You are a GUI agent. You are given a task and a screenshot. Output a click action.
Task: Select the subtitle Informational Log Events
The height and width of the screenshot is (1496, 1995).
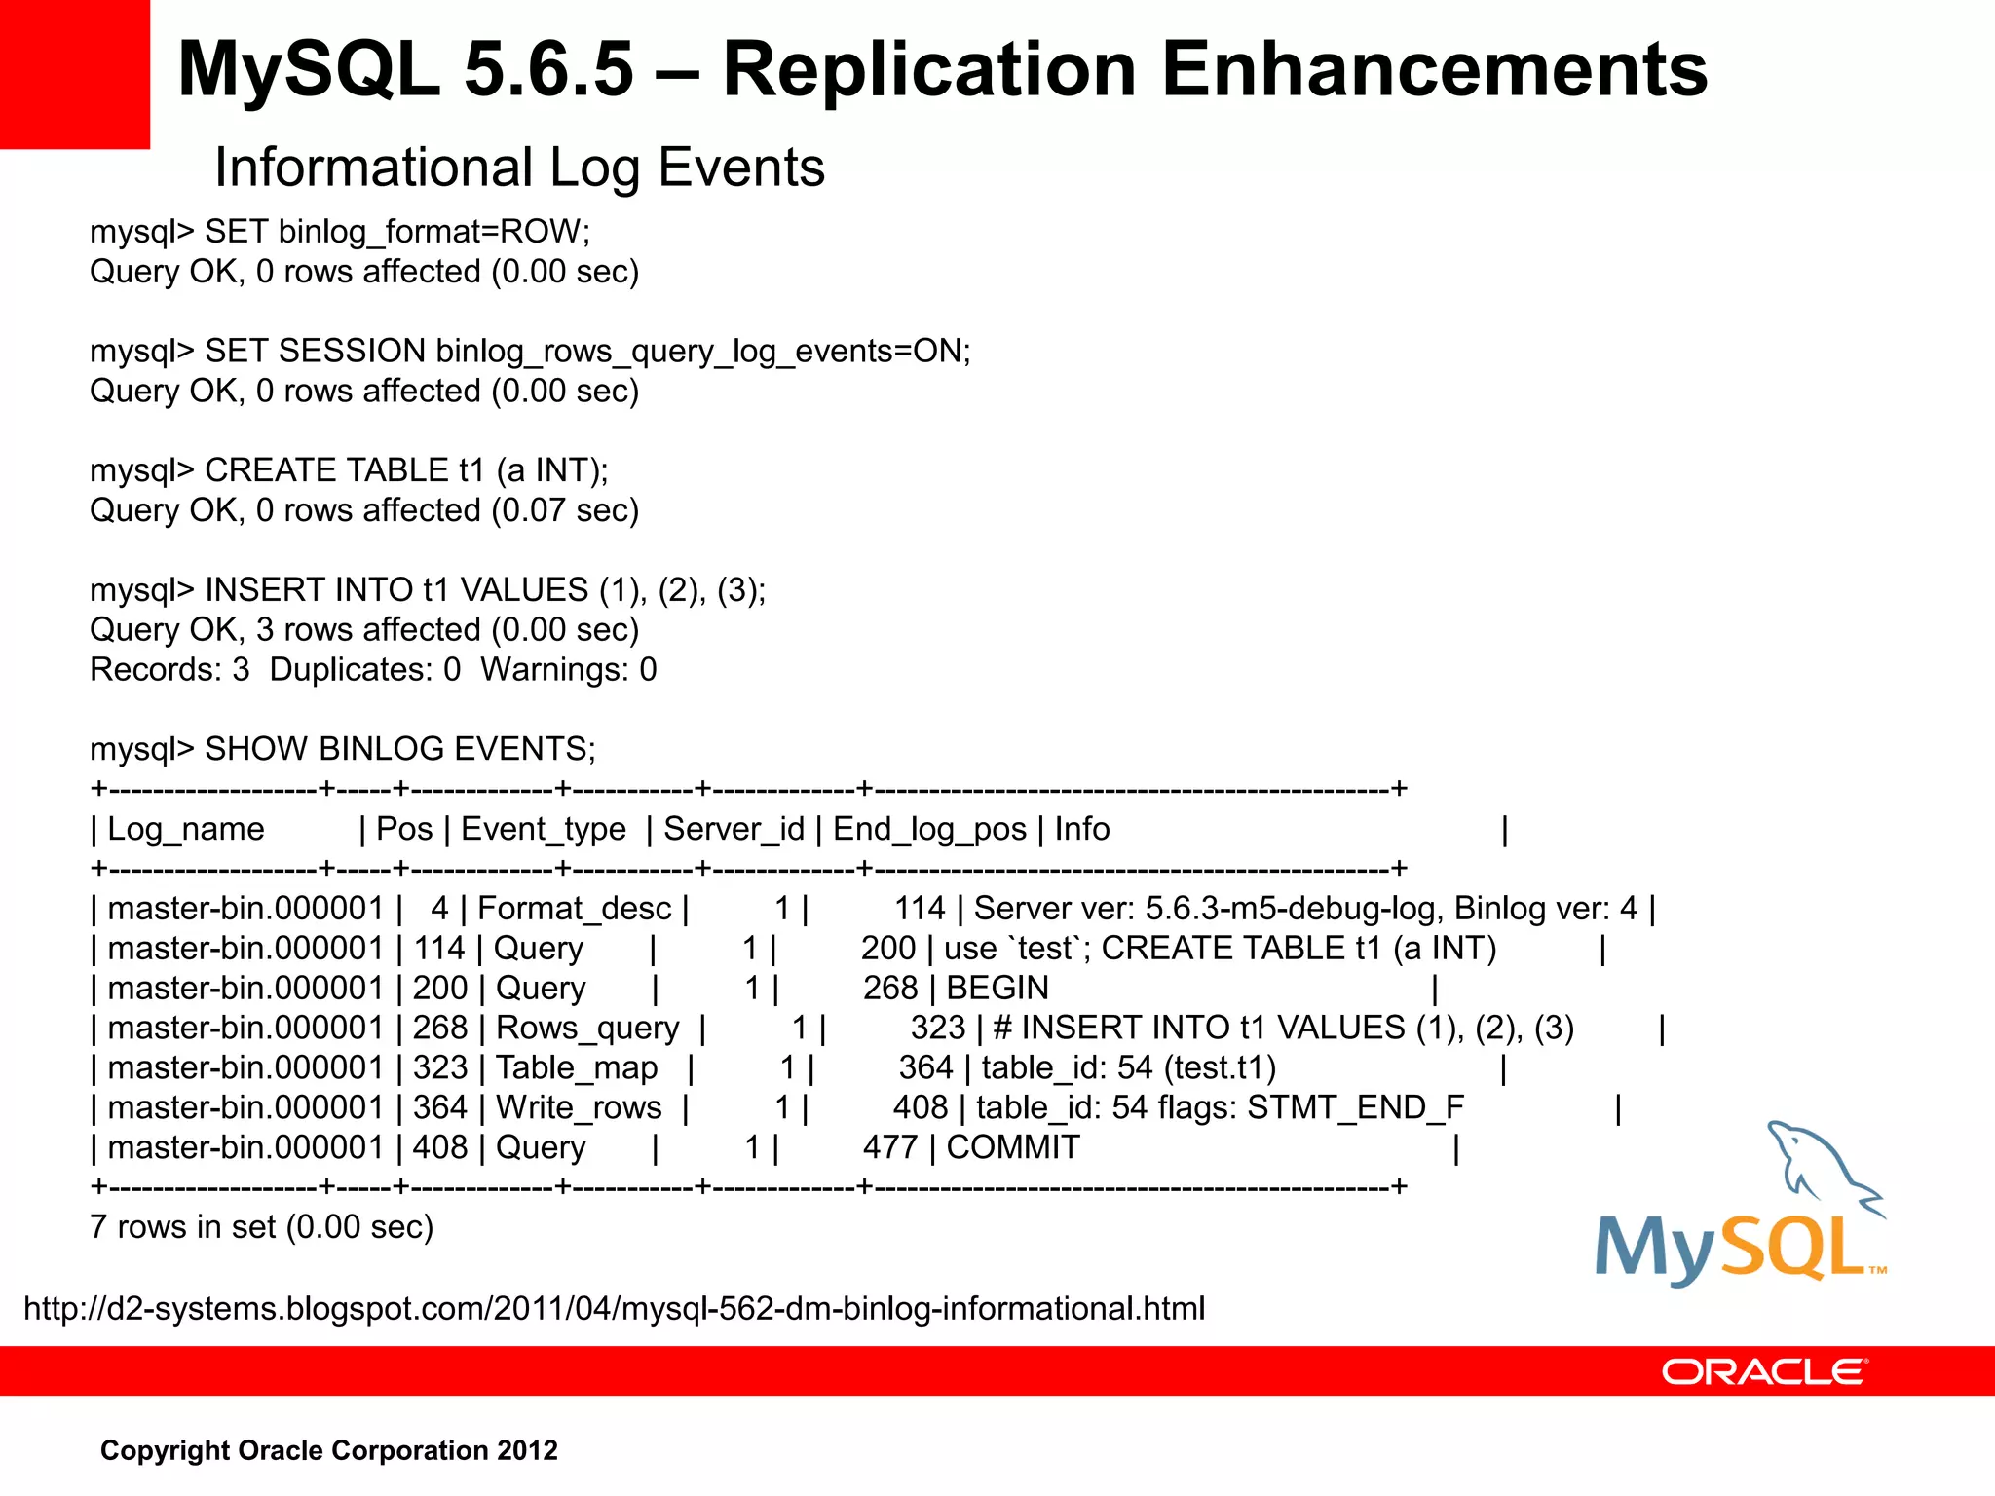[519, 168]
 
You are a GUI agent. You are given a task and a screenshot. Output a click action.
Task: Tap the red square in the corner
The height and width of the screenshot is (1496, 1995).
[74, 74]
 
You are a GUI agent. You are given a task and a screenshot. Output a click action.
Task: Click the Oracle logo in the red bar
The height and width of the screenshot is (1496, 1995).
[1764, 1371]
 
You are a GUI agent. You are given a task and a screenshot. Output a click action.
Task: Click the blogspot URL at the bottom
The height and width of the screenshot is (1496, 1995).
[614, 1308]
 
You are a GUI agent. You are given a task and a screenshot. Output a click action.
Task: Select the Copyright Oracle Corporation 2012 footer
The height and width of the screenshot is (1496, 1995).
[329, 1450]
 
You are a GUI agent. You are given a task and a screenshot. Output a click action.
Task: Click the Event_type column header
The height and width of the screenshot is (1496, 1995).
[543, 829]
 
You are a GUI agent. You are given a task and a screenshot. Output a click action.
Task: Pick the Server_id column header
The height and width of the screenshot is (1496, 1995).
[734, 829]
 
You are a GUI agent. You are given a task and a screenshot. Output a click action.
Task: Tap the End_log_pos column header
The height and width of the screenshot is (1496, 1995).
[929, 829]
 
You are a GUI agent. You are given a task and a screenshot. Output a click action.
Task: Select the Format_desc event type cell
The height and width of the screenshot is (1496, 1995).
[574, 909]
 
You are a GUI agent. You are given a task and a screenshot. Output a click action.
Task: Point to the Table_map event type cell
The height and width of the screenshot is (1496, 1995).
[577, 1068]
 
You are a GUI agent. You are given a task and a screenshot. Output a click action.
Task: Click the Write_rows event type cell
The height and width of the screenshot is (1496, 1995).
[579, 1108]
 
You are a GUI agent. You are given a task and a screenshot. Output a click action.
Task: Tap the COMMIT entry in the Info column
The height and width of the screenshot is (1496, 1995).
[1013, 1148]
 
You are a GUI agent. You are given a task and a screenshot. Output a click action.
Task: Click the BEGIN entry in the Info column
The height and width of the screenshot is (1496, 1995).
[997, 989]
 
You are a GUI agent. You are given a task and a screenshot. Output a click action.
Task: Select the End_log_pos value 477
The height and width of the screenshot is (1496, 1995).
[890, 1148]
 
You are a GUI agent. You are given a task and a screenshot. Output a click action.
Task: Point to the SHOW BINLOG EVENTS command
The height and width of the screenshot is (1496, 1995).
[399, 749]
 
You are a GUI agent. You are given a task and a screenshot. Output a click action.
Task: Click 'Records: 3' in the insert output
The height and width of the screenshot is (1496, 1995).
[169, 670]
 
